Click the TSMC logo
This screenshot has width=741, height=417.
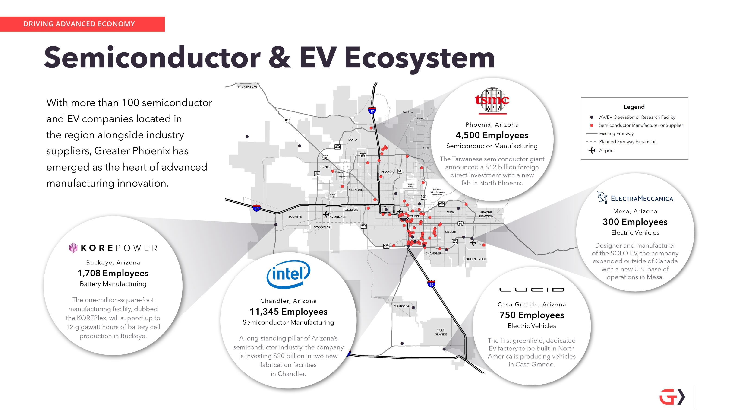coord(492,100)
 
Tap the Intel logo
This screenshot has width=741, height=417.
coord(288,274)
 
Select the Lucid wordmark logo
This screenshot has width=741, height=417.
coord(532,290)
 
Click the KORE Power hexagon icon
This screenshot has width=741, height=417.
coord(73,248)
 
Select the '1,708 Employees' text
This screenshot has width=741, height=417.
coord(113,273)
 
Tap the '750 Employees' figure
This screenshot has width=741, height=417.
coord(532,315)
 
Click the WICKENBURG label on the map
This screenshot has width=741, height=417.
coord(247,87)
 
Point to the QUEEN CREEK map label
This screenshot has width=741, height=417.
coord(476,259)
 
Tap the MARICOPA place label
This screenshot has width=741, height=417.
coord(401,306)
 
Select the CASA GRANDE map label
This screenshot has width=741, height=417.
coord(440,332)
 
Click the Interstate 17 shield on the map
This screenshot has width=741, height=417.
coord(372,111)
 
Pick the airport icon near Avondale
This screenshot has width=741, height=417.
coord(326,214)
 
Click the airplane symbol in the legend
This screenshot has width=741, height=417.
coord(591,150)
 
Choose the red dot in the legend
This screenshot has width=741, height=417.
coord(591,125)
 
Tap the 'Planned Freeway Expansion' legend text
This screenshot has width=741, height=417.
coord(628,142)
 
